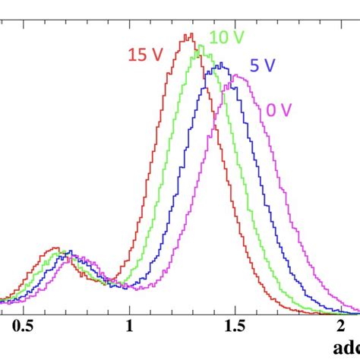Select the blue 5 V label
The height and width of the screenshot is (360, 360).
[x=263, y=65]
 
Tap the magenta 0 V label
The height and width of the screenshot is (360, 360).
[x=279, y=110]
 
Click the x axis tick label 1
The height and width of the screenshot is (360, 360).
[x=129, y=327]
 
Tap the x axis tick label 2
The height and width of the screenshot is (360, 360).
[x=341, y=327]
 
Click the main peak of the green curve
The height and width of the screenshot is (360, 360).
[x=203, y=46]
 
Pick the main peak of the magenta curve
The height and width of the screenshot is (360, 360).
[x=236, y=75]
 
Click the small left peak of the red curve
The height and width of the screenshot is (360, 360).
[x=54, y=248]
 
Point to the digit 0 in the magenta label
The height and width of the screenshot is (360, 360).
[x=271, y=110]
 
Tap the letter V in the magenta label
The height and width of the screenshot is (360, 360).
[x=286, y=110]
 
